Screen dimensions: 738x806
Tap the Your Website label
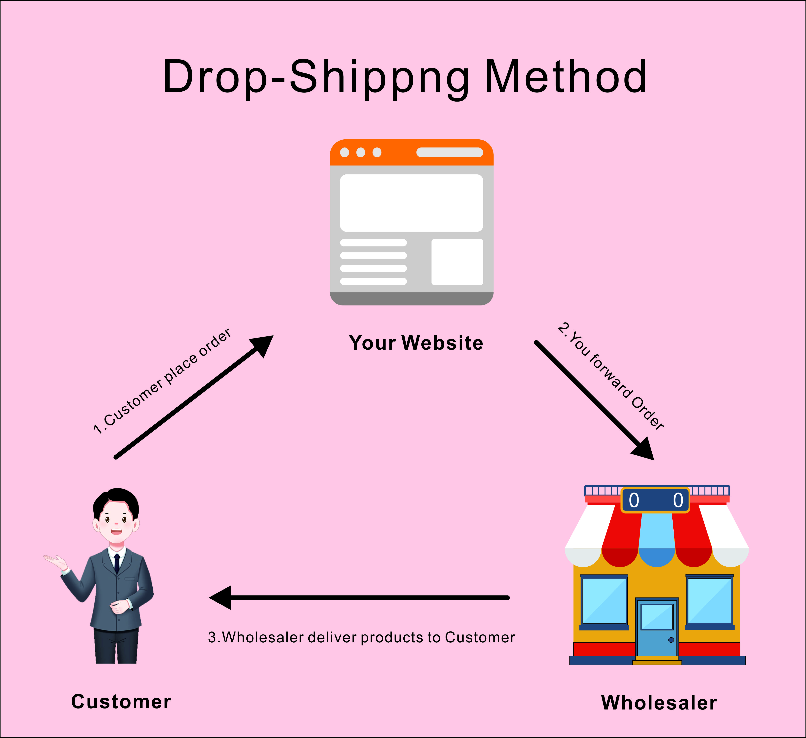[x=416, y=343]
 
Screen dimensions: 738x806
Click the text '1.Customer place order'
[x=162, y=382]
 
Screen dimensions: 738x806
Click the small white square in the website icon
[x=457, y=262]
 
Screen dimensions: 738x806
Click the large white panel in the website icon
[x=411, y=203]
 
